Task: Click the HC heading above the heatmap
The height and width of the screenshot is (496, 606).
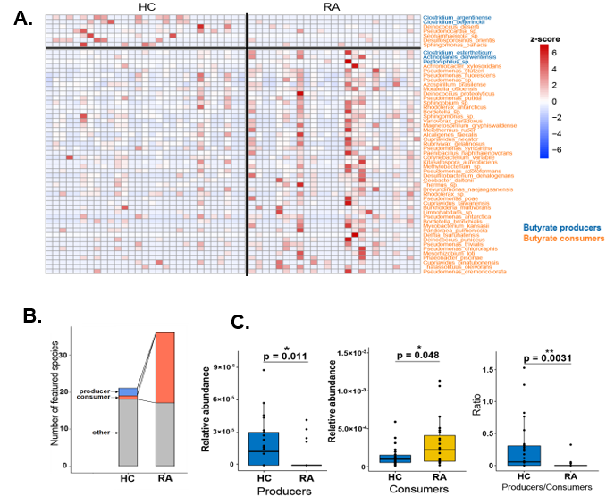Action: (148, 7)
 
